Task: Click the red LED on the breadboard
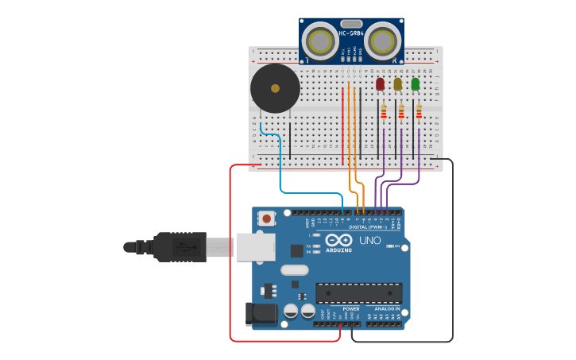coord(380,83)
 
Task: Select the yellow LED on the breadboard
coord(397,83)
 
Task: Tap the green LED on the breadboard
coord(415,83)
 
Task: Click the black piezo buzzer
coord(275,88)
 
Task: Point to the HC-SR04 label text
coord(351,33)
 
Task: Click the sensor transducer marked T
coord(322,40)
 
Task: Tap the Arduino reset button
coord(267,217)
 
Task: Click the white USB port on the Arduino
coord(254,246)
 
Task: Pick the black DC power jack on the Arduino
coord(261,314)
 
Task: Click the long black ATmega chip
coord(358,292)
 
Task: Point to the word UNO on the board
coord(370,240)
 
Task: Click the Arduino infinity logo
coord(338,240)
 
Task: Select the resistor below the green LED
coord(419,112)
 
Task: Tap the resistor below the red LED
coord(384,112)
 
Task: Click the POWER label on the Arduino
coord(350,308)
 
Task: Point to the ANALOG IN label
coord(382,308)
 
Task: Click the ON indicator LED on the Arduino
coord(390,246)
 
